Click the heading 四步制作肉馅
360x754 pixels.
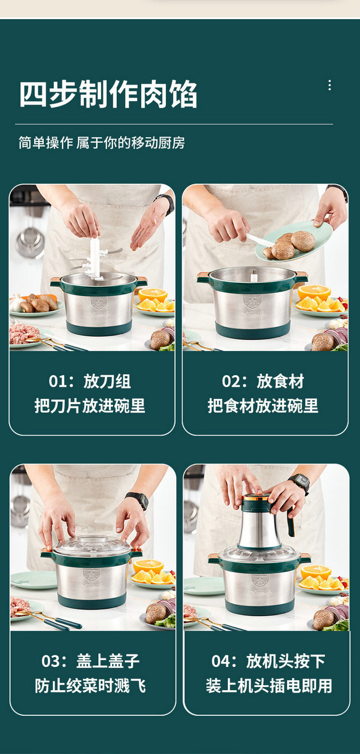click(108, 94)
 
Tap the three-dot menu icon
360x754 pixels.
click(330, 85)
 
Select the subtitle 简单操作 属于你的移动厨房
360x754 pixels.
click(102, 143)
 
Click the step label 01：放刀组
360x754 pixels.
click(90, 382)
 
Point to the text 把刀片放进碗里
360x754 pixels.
click(90, 406)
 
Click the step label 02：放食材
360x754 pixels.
click(263, 382)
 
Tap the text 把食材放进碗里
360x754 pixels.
click(263, 406)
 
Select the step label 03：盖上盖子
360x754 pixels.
click(91, 661)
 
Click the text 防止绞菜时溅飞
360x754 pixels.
click(91, 686)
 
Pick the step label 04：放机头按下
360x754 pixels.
click(268, 661)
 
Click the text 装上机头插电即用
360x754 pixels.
click(269, 686)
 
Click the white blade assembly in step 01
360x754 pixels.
click(95, 259)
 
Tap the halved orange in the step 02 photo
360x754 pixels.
click(314, 293)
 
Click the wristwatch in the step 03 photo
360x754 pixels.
click(138, 500)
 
